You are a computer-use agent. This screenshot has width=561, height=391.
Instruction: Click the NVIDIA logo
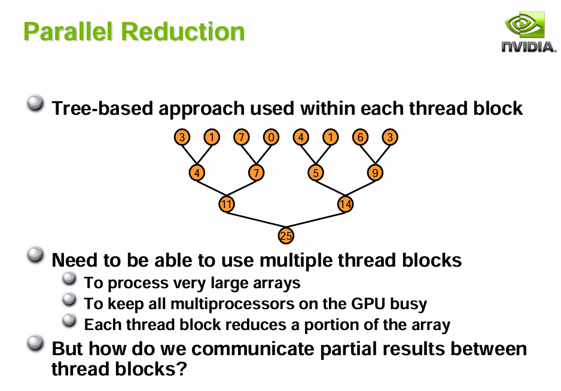click(x=528, y=33)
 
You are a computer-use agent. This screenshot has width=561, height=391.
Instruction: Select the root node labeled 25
click(x=286, y=236)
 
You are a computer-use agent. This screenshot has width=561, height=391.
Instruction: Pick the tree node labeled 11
click(x=226, y=204)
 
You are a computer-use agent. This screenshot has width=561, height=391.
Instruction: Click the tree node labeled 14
click(x=345, y=204)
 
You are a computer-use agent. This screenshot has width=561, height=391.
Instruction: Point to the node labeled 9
click(x=375, y=173)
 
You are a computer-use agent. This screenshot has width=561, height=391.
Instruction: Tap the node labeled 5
click(x=316, y=173)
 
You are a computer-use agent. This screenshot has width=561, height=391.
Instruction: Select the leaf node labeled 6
click(x=360, y=138)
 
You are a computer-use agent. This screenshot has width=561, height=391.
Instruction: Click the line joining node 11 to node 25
click(x=256, y=220)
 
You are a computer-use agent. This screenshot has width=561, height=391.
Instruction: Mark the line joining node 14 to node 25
click(x=316, y=220)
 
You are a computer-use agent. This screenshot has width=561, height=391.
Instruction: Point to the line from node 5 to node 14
click(x=330, y=188)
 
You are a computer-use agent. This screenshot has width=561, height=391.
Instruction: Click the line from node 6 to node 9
click(x=367, y=155)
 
